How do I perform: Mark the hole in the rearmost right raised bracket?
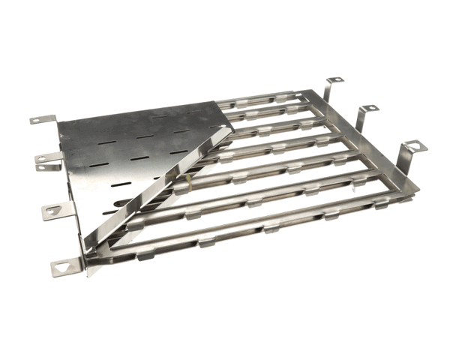[x=337, y=79]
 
